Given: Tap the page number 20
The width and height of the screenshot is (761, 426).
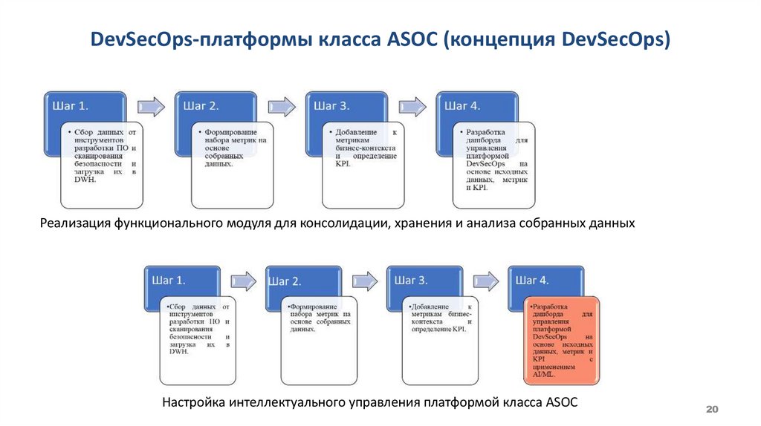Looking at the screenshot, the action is [x=711, y=410].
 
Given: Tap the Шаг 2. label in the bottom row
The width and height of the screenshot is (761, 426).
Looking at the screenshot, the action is [x=285, y=281].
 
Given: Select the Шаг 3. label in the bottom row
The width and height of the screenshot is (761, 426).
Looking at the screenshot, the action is [x=410, y=280].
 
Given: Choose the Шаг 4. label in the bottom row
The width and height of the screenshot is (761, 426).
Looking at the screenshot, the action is [x=532, y=280].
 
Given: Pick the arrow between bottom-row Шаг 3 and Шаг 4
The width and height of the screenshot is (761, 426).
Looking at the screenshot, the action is [x=488, y=280].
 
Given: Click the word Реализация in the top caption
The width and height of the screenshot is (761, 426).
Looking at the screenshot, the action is [x=76, y=223].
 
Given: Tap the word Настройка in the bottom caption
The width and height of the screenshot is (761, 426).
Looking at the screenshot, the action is [x=194, y=402].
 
